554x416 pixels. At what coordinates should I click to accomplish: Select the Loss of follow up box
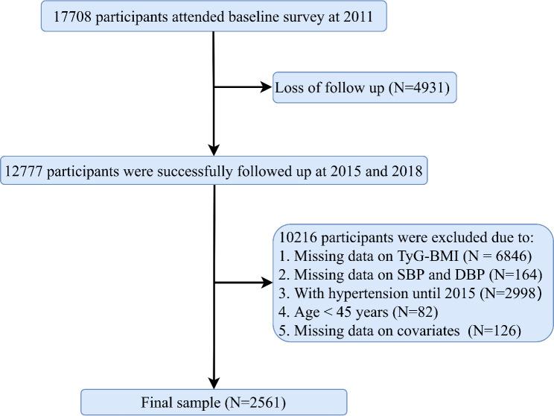(x=365, y=88)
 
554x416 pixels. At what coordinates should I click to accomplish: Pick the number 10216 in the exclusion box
(x=298, y=239)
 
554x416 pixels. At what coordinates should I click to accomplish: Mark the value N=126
(x=497, y=329)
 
